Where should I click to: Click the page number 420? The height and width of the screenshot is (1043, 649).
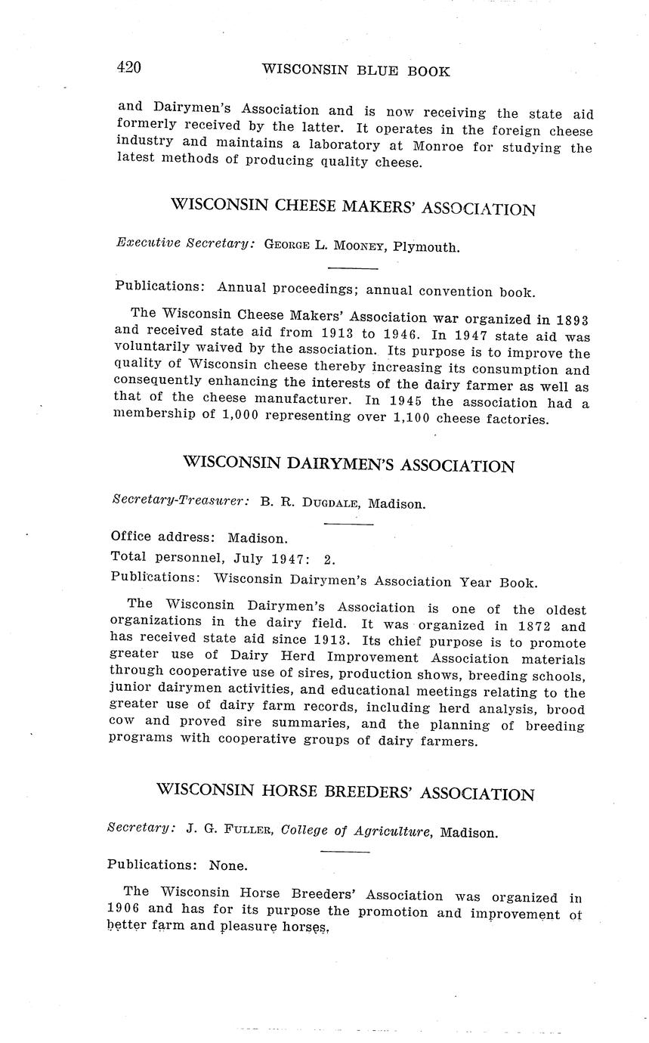pyautogui.click(x=129, y=67)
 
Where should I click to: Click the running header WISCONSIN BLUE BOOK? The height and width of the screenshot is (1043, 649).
pyautogui.click(x=355, y=70)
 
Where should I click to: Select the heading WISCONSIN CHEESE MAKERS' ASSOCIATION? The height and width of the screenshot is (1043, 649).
pyautogui.click(x=353, y=206)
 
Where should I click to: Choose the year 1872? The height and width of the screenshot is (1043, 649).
pyautogui.click(x=526, y=626)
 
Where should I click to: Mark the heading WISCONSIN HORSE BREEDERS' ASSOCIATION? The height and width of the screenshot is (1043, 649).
pyautogui.click(x=345, y=791)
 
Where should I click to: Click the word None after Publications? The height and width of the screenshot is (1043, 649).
pyautogui.click(x=228, y=865)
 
